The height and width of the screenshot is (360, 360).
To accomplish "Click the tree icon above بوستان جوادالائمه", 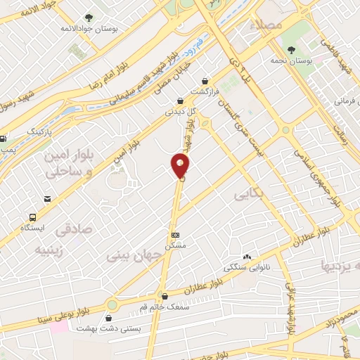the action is [x=88, y=18].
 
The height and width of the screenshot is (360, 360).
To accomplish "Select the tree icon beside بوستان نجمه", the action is [x=291, y=49].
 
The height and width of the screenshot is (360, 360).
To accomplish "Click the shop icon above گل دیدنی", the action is [x=181, y=101].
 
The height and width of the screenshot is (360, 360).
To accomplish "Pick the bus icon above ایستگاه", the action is [x=32, y=217].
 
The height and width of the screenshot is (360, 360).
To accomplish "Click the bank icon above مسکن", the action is [x=175, y=235].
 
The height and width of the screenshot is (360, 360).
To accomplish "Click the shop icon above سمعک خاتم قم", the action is [x=164, y=296].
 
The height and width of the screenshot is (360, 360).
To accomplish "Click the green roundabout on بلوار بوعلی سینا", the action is [x=112, y=305].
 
